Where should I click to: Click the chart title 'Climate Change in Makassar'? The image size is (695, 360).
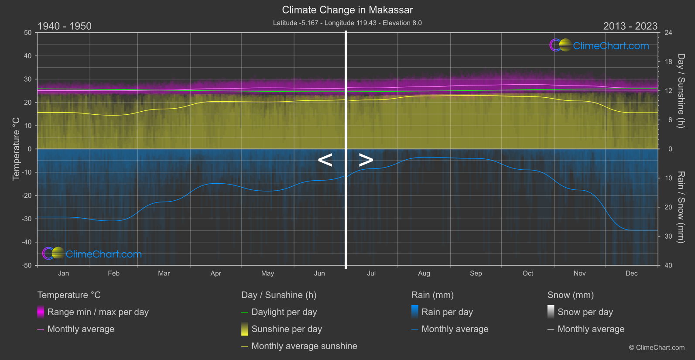[347, 10]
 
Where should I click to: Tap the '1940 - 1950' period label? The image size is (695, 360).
[65, 26]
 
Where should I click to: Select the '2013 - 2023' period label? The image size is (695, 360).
[630, 26]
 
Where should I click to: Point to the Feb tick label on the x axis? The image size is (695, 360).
[113, 274]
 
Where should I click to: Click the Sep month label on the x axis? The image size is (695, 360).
[476, 274]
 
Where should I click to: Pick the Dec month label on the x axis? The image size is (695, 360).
[631, 274]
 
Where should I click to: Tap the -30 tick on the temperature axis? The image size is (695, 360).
[27, 219]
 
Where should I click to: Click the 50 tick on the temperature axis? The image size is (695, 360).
[28, 33]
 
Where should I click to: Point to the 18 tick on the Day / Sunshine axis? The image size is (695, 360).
[668, 62]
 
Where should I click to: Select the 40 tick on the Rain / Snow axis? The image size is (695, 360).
[668, 265]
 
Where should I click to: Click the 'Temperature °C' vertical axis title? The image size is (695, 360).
[16, 149]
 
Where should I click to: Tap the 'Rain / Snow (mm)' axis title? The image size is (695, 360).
[681, 207]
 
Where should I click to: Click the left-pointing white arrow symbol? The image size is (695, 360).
[325, 160]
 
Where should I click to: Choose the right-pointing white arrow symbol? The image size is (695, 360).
[366, 160]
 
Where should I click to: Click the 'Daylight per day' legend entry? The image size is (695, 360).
[284, 312]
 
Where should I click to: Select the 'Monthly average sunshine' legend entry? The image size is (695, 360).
[304, 346]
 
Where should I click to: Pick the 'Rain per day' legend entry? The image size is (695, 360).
[447, 312]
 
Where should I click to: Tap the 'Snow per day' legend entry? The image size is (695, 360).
[585, 312]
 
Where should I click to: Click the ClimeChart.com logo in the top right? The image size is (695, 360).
[599, 45]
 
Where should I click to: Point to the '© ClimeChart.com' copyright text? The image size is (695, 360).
[657, 348]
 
